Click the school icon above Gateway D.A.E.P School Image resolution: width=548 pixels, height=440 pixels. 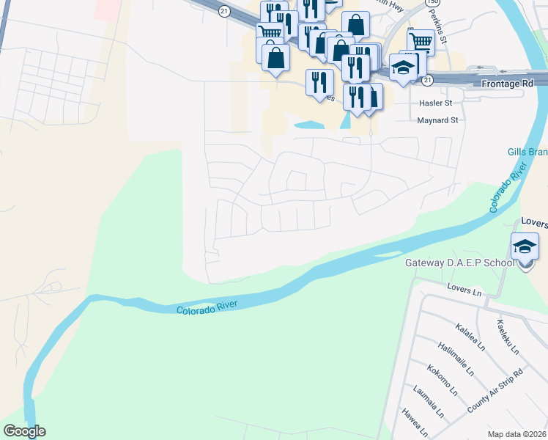[525, 247]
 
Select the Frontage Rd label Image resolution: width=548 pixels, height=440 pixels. [507, 84]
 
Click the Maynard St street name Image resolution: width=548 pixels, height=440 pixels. [437, 120]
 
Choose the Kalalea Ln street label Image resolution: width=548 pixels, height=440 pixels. [470, 331]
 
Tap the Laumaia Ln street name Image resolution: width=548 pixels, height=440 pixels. [429, 401]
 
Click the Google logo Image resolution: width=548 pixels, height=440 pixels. [24, 431]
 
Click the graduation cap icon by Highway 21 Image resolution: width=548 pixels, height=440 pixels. [403, 67]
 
